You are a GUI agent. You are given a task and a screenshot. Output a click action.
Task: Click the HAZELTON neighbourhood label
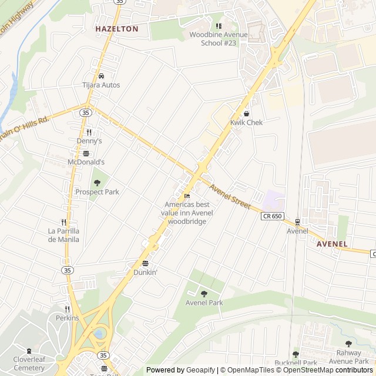coord(117,28)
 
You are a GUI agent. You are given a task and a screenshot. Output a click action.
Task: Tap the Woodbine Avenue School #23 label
coord(219,39)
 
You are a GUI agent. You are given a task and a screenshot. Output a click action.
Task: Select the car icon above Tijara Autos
coord(101,76)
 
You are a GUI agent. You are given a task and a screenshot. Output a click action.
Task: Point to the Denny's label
coord(89,141)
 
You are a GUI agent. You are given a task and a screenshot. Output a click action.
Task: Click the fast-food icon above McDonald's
coord(86,153)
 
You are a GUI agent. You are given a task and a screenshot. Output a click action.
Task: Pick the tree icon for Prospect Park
coord(97,183)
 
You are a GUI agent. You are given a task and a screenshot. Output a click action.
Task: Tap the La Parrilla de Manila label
coord(63,235)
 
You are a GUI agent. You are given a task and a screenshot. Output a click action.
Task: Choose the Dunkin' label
coord(145,273)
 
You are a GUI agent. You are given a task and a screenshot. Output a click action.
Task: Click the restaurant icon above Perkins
coord(67,309)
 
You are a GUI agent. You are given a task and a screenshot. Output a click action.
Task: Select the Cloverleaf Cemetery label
coord(29,364)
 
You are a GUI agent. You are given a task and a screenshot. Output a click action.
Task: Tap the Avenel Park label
coord(204,303)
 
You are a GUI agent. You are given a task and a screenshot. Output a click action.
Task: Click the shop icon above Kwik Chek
coord(246,113)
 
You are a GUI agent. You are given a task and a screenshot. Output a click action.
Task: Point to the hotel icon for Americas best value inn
coord(187,196)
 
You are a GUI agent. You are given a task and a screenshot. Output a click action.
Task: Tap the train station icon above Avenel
coord(297,222)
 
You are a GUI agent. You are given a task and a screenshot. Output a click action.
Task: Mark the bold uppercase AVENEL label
coord(332,244)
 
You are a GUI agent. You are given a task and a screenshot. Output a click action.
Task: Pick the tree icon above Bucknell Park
coord(296,354)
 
